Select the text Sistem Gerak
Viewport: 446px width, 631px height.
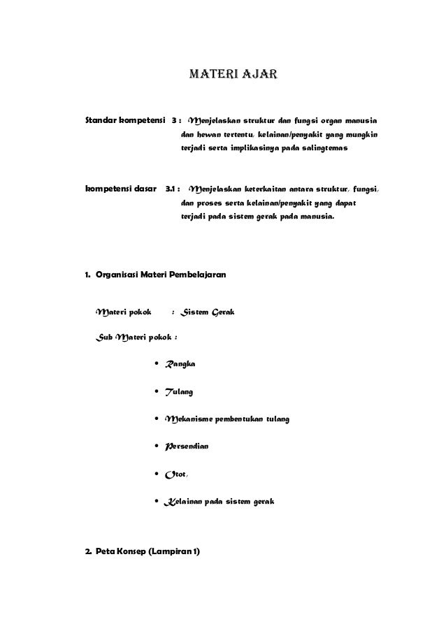tap(206, 312)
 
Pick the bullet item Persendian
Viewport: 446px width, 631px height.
tap(186, 447)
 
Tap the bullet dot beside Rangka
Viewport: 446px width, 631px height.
tap(154, 364)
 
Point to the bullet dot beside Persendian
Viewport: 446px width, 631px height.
tap(154, 447)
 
